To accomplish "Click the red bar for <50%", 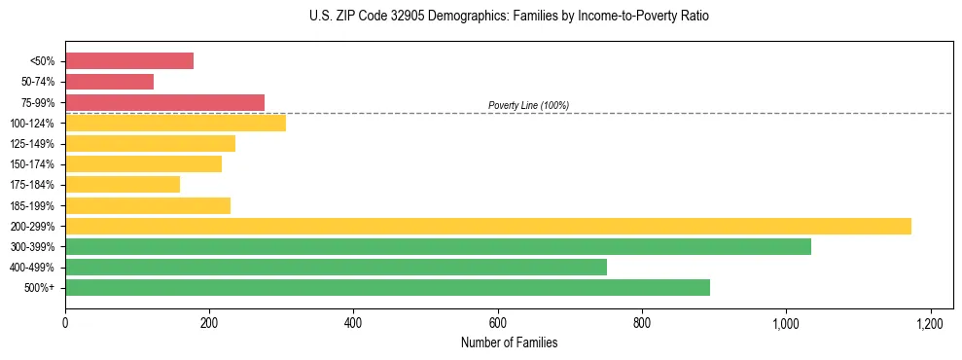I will (129, 61).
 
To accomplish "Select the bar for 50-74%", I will (109, 82).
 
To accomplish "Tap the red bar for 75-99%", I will (164, 102).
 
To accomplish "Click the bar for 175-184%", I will (123, 184).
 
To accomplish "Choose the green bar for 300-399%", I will (438, 246).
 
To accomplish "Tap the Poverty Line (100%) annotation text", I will (528, 105).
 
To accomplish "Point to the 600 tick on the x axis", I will (498, 323).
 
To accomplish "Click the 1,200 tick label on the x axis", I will (930, 323).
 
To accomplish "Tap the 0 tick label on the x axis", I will (65, 323).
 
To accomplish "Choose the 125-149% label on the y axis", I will (32, 144).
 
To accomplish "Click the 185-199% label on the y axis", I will (32, 205).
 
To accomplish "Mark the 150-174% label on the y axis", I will (32, 164).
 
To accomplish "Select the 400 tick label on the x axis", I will (353, 323).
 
